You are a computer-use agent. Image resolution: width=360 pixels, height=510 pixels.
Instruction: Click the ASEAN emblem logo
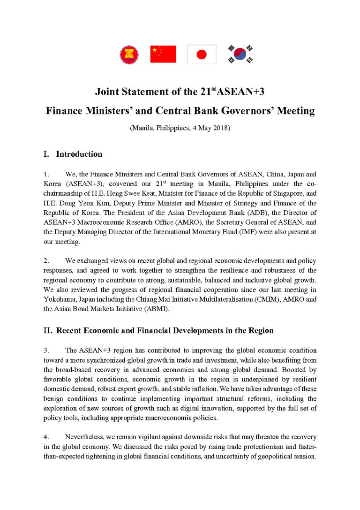[129, 54]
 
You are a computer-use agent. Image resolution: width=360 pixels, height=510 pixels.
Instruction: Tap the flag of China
[163, 54]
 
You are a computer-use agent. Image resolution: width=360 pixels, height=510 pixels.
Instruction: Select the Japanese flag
[201, 54]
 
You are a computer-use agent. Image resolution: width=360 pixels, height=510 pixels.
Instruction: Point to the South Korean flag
[240, 54]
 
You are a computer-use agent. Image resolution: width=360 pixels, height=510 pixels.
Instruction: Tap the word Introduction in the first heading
[79, 154]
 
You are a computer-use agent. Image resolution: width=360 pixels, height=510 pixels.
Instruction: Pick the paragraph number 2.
[45, 260]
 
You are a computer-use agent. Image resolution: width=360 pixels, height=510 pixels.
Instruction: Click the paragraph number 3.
[45, 350]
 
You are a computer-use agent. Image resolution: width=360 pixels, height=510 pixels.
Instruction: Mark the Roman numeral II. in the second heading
[48, 330]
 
